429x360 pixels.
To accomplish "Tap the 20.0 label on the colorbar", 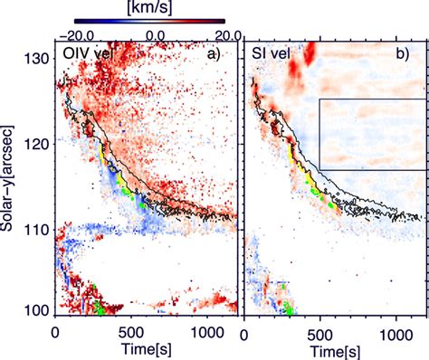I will [x=222, y=33].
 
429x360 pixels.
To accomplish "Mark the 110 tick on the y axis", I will [x=39, y=227].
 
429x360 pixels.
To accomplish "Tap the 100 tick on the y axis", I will [x=39, y=309].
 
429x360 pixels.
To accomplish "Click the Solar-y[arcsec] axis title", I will [x=12, y=180].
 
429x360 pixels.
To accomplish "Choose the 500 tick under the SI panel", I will [x=319, y=329].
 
